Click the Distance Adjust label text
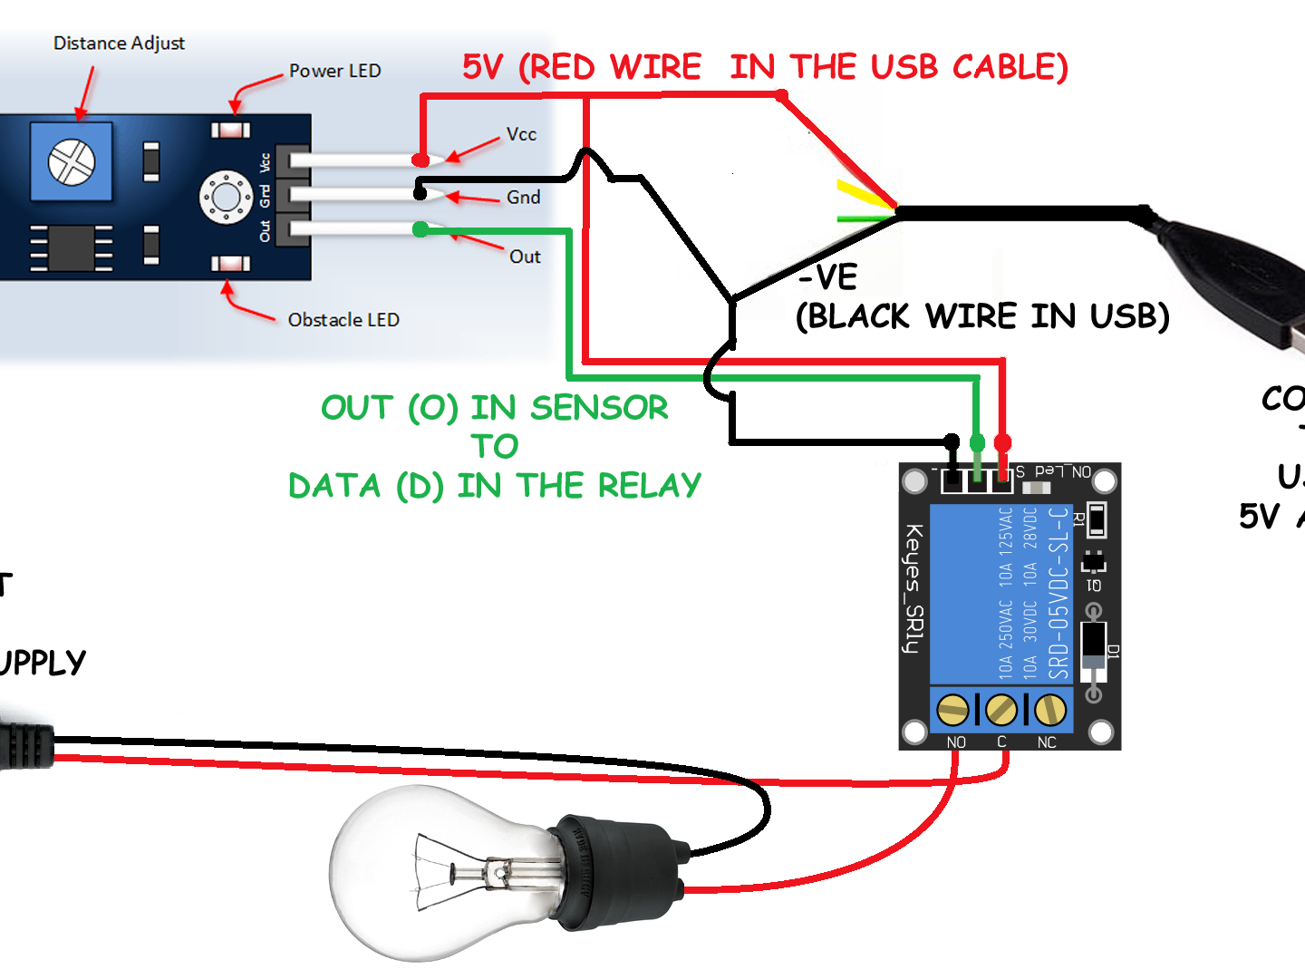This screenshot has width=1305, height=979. pyautogui.click(x=119, y=44)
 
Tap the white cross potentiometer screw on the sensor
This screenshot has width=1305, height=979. pyautogui.click(x=72, y=162)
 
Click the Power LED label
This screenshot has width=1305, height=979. pyautogui.click(x=334, y=71)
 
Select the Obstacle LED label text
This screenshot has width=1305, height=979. pyautogui.click(x=343, y=320)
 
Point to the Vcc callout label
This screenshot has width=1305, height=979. pyautogui.click(x=521, y=134)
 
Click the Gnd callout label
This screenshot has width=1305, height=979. pyautogui.click(x=523, y=198)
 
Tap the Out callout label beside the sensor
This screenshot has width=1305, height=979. pyautogui.click(x=525, y=257)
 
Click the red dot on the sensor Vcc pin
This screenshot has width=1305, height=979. pyautogui.click(x=420, y=160)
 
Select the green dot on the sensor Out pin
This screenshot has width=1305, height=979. pyautogui.click(x=420, y=229)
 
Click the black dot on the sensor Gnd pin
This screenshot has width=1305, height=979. pyautogui.click(x=420, y=193)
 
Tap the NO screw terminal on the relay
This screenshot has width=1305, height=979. pyautogui.click(x=952, y=710)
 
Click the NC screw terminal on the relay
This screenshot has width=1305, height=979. pyautogui.click(x=1050, y=710)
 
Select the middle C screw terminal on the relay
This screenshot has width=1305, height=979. pyautogui.click(x=1001, y=710)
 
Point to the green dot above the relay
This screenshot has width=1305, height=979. pyautogui.click(x=977, y=442)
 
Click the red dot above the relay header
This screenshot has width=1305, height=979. pyautogui.click(x=1002, y=442)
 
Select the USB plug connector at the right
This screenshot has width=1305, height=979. pyautogui.click(x=1251, y=281)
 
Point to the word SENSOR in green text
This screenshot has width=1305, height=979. pyautogui.click(x=599, y=408)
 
